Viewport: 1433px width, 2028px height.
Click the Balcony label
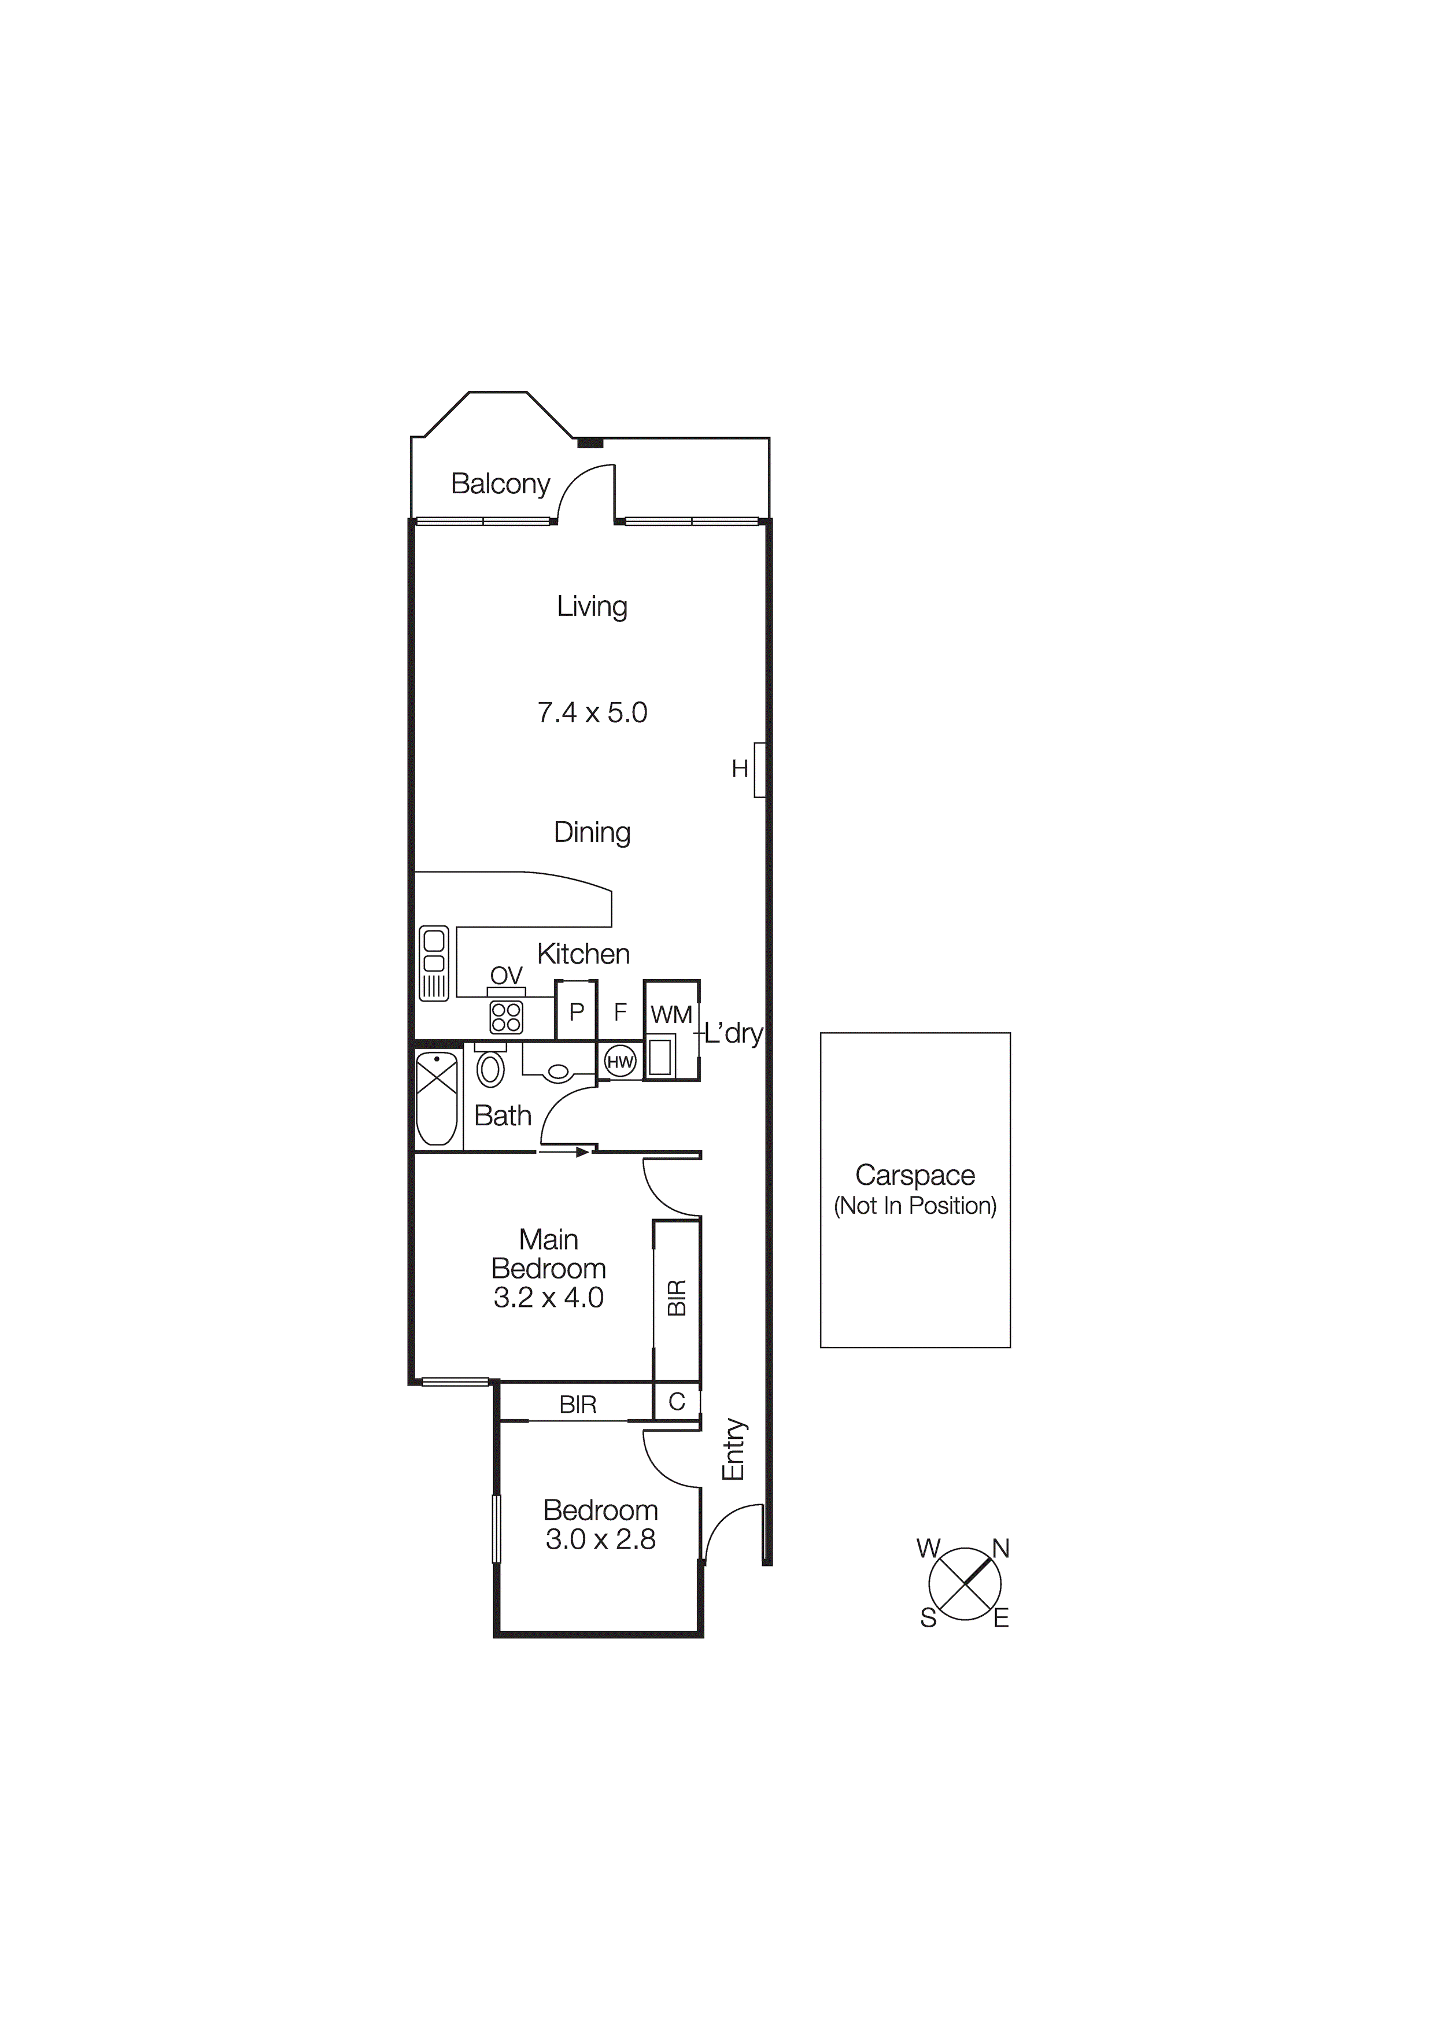[500, 483]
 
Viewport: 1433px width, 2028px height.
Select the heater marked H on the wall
[759, 769]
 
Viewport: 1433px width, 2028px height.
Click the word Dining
[592, 832]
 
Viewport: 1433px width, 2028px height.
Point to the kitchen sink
[434, 963]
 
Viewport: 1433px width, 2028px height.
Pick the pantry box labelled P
[576, 1011]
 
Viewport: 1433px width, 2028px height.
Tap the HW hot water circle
[620, 1062]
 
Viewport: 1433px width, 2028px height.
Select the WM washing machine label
[671, 1015]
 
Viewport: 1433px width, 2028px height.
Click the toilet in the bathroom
[490, 1069]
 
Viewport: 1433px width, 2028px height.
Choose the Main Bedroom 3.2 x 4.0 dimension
[549, 1298]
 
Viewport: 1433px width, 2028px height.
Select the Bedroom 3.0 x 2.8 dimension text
[601, 1539]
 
